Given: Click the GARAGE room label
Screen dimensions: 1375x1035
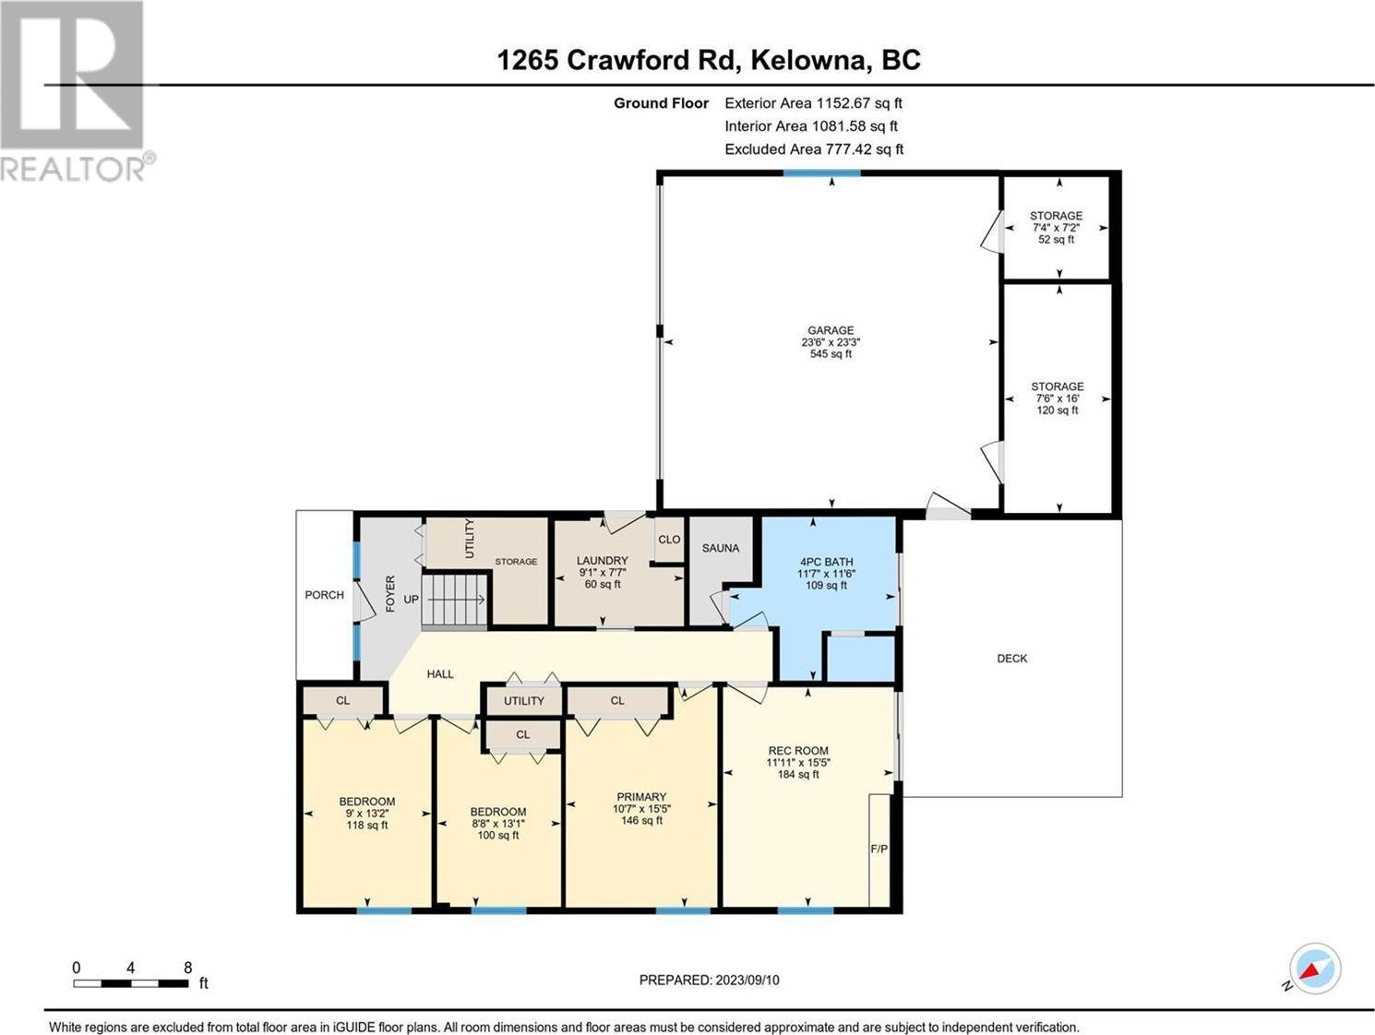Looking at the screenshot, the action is (x=831, y=330).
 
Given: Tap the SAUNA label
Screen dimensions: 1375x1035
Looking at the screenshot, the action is (x=721, y=548).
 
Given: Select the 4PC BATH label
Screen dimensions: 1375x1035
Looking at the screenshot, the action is (x=826, y=562).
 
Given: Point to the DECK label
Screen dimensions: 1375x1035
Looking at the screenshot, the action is (x=1011, y=658).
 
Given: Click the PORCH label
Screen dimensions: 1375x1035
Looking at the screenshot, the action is (x=325, y=595).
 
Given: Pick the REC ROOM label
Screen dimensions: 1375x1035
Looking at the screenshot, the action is (x=798, y=750).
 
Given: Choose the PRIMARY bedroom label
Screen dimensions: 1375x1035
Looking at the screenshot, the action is (x=641, y=796).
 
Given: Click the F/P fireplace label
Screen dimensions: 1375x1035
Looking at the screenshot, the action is (x=879, y=849).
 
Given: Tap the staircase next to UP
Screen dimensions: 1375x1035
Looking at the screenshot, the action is (x=455, y=600).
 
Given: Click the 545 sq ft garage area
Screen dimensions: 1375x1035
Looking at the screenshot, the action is (x=831, y=354).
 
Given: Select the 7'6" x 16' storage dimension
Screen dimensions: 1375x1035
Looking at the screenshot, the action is (x=1058, y=399).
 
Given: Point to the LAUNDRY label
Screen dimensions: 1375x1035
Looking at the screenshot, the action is (x=602, y=560).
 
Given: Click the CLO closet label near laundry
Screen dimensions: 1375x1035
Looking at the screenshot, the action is (x=669, y=539).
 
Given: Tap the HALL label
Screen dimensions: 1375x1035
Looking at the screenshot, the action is (x=440, y=673).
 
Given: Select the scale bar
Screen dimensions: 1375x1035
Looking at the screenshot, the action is (x=131, y=983).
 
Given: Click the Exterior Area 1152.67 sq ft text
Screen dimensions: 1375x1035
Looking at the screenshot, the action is (x=813, y=103).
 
